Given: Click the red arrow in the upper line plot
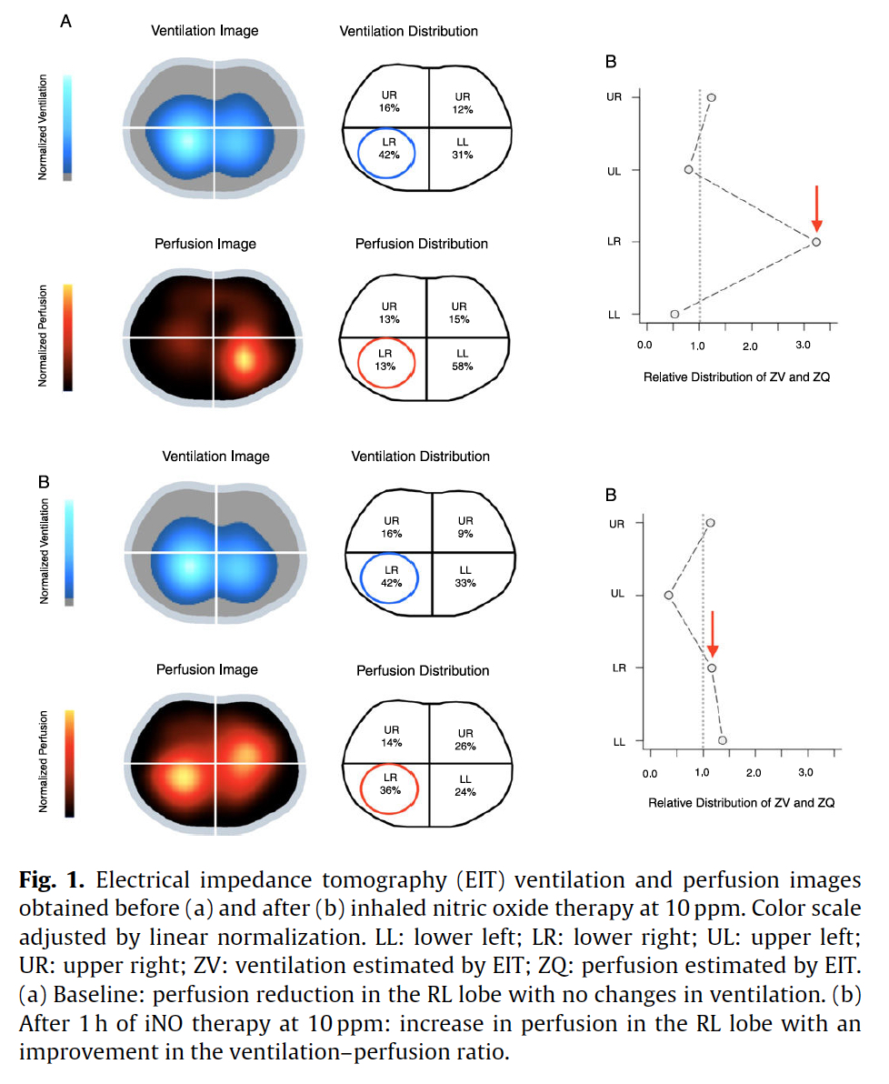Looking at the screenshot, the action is point(816,208).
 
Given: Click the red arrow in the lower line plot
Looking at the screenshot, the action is point(713,634).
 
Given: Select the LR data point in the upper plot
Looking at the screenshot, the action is point(816,242).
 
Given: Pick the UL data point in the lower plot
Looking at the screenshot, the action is point(668,596).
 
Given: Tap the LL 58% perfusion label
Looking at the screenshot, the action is point(463,359).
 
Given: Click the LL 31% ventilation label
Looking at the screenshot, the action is point(463,148).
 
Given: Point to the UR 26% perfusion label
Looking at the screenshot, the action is point(465,739).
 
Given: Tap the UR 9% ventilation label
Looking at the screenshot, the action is point(465,527).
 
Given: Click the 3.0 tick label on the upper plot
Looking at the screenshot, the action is point(803,345).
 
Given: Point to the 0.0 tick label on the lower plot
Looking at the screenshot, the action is point(650,774).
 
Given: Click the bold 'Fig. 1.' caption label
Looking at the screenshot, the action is point(52,880).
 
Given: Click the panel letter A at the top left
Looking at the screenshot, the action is point(65,22).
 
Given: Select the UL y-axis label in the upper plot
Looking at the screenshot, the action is point(614,171).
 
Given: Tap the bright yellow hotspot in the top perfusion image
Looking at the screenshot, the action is point(244,359).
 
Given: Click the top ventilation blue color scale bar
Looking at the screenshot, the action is point(67,127).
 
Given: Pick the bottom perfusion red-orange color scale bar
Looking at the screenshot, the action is point(69,763).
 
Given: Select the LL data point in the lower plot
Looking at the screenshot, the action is point(723,740).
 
